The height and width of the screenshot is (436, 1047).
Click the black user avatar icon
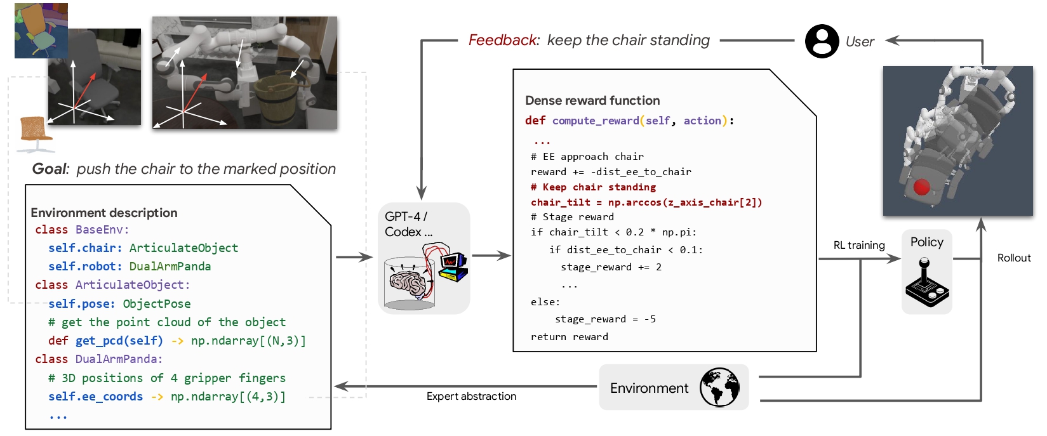pos(822,41)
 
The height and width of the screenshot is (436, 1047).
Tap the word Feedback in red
pos(503,41)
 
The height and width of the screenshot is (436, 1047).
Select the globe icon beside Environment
pos(719,387)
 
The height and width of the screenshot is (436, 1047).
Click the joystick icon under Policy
pos(927,282)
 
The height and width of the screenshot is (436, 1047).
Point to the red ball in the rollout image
pos(921,187)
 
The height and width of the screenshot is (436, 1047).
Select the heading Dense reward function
pos(592,100)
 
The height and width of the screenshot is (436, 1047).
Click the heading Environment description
pos(104,213)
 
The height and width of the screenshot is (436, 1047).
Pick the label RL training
pos(858,245)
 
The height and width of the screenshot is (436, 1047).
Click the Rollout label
pos(1013,258)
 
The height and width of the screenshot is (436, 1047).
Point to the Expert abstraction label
pos(471,396)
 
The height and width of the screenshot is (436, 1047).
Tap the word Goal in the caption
pos(49,169)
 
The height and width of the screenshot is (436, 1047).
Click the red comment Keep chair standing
pos(593,187)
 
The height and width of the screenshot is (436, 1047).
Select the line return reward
pos(569,336)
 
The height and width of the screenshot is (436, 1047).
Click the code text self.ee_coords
pos(95,397)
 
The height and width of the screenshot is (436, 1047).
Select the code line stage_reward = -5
pos(605,319)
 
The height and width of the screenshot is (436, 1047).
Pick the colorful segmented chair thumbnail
pos(41,30)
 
